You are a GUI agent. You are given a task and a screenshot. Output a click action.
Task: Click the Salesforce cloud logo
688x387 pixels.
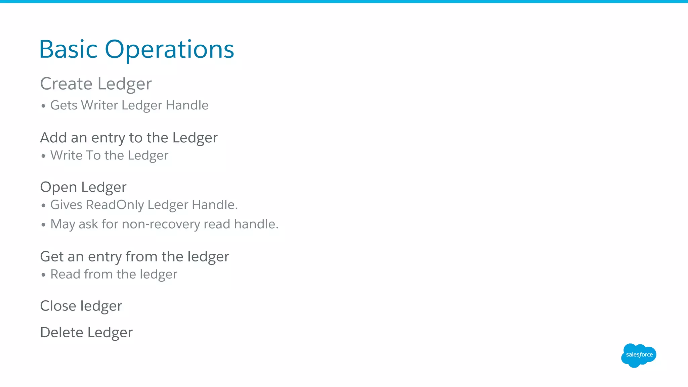tap(638, 355)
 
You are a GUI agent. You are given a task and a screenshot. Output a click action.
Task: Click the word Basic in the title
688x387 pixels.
tap(68, 50)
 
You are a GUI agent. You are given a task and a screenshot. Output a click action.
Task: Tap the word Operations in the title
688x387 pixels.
tap(169, 50)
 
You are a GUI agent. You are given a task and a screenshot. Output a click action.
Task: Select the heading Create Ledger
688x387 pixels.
tap(96, 84)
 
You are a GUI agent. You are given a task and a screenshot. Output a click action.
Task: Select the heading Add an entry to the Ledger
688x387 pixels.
tap(129, 138)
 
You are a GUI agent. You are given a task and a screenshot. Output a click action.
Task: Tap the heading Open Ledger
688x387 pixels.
tap(83, 187)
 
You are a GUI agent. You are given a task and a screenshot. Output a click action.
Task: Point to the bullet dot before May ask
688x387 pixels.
tap(43, 225)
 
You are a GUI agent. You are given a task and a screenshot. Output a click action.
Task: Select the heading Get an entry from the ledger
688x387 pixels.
tap(134, 257)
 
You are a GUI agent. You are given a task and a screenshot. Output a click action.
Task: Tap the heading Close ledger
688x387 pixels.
tap(81, 306)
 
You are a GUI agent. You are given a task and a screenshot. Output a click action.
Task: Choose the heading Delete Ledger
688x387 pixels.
tap(86, 333)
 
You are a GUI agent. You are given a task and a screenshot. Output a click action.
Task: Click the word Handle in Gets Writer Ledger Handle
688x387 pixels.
tap(187, 105)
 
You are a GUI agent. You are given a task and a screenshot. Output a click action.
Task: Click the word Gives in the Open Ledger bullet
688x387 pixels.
tap(66, 205)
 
